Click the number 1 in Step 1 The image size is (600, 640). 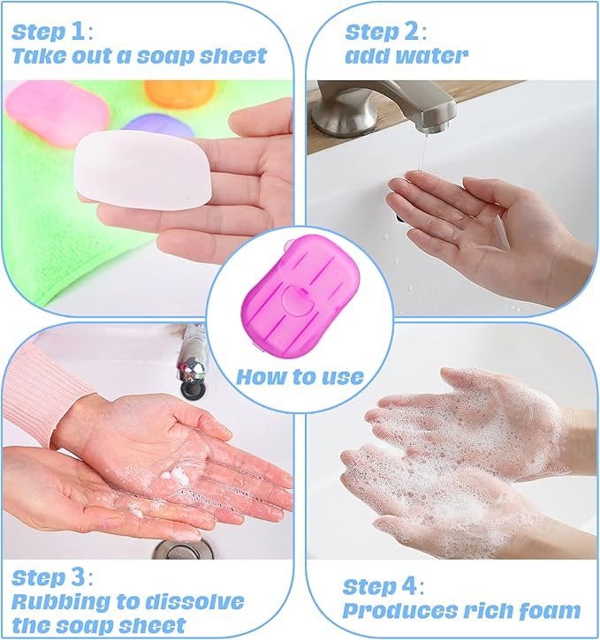pyautogui.click(x=78, y=32)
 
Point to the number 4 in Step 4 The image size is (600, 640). pyautogui.click(x=408, y=586)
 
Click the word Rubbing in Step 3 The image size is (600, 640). pyautogui.click(x=61, y=603)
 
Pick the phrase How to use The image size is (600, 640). pyautogui.click(x=300, y=377)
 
